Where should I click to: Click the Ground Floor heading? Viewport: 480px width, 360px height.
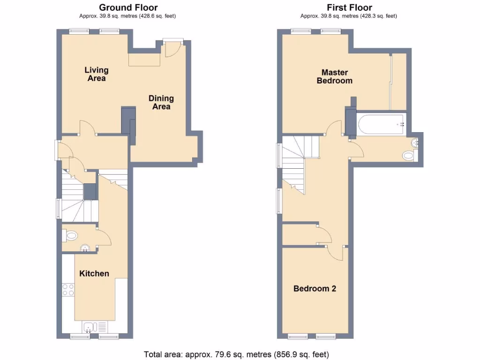[x=128, y=7]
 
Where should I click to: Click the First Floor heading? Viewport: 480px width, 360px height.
[x=349, y=7]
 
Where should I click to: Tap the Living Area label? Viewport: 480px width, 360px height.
[x=97, y=74]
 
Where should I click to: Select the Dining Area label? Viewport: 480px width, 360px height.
[x=161, y=102]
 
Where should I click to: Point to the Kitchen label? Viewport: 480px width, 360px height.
[x=94, y=273]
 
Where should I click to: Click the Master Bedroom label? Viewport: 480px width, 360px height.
[x=334, y=76]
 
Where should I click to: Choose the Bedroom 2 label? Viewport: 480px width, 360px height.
[x=315, y=288]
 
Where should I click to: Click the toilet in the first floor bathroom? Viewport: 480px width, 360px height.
[x=409, y=156]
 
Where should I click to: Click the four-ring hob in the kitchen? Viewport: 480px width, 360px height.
[x=68, y=290]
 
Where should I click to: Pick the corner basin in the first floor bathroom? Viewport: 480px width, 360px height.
[x=415, y=142]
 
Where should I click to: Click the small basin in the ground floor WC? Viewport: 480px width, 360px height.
[x=85, y=248]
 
